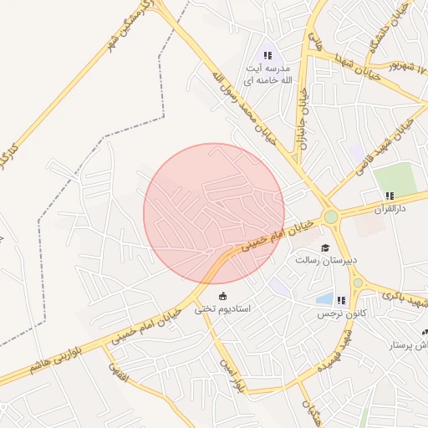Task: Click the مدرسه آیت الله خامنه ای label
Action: (266, 74)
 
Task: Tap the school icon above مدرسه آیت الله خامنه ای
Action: (267, 55)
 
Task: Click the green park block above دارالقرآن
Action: (394, 177)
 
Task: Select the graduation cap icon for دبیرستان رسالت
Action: (325, 247)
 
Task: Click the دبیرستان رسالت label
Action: (325, 260)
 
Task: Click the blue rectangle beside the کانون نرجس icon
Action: (324, 298)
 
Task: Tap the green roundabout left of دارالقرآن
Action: (332, 217)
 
